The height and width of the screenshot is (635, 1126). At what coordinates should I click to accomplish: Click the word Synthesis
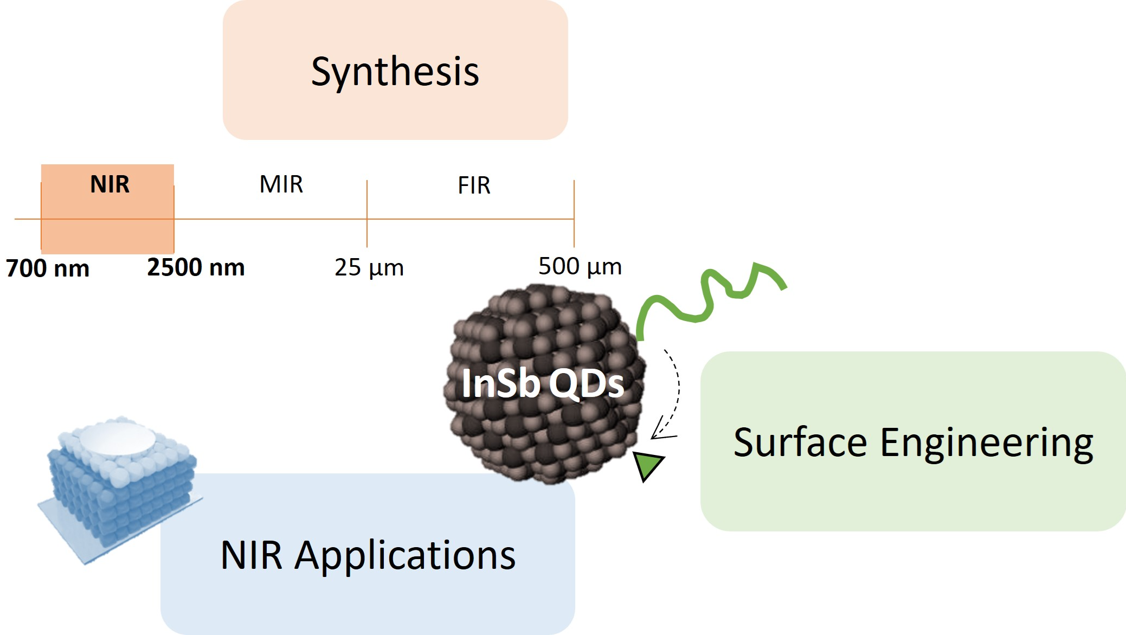tap(395, 72)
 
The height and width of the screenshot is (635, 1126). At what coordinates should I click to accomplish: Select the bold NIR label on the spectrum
tap(110, 184)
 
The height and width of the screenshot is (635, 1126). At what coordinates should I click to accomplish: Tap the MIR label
tap(281, 184)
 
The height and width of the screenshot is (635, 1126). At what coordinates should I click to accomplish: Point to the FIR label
tap(474, 185)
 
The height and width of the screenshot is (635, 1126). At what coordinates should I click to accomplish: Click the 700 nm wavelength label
tap(48, 268)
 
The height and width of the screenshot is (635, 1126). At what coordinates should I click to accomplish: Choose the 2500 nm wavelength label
tap(196, 267)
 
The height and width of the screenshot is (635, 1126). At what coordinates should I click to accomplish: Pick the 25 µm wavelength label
tap(369, 267)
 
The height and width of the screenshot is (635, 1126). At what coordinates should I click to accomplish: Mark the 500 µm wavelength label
tap(580, 266)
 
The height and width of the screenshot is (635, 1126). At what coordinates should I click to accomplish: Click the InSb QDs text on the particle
tap(543, 383)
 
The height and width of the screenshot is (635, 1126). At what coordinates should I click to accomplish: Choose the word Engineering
tap(987, 444)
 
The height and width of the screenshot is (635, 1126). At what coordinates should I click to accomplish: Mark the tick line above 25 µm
tap(367, 214)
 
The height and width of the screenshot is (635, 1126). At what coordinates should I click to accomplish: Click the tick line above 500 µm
tap(574, 214)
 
